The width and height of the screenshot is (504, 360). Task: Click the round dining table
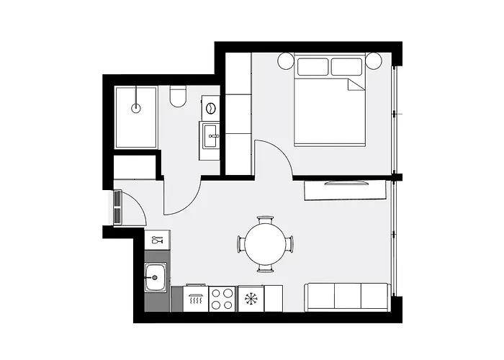[266, 244]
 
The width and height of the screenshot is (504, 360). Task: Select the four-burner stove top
[222, 299]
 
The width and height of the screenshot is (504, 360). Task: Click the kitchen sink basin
[154, 277]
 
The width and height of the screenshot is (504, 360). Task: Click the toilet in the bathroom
[178, 97]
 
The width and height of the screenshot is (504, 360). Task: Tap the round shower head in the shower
[135, 109]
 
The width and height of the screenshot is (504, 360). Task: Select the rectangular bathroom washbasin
[210, 135]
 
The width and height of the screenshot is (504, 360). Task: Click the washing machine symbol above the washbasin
[210, 108]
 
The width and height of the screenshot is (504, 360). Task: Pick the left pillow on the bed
[312, 67]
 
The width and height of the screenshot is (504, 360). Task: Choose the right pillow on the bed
[346, 67]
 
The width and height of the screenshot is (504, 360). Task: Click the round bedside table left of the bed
[286, 60]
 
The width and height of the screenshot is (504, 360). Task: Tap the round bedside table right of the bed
[374, 60]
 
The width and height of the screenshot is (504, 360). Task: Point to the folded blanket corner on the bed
[356, 85]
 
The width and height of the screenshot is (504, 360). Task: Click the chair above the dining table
[266, 219]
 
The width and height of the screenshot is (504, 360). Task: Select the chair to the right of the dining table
[289, 244]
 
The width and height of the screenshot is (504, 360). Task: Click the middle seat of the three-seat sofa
[348, 297]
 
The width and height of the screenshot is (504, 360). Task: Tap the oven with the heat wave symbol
[195, 299]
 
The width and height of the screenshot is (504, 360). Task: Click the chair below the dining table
[266, 269]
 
